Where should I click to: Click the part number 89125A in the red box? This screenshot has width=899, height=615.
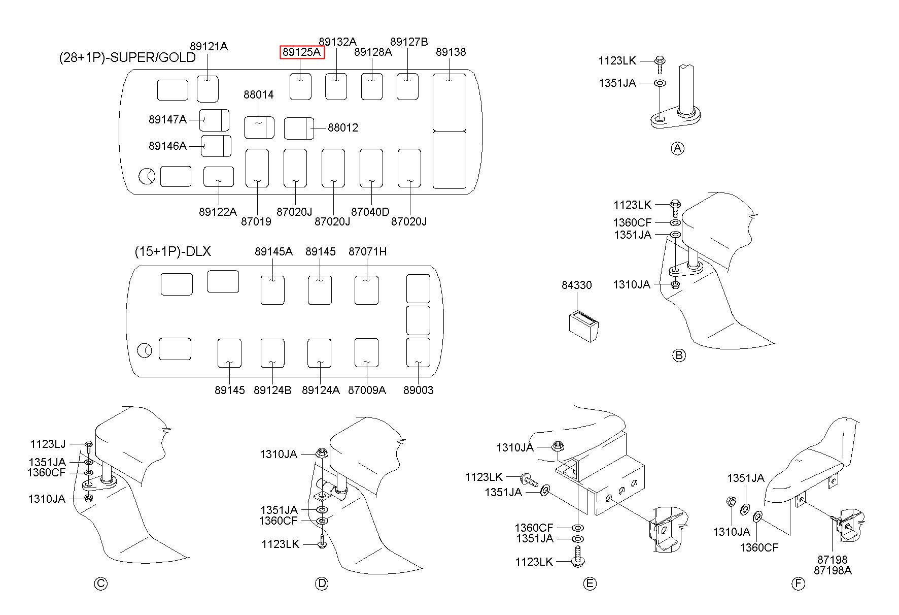point(302,52)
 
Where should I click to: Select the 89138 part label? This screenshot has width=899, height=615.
point(451,52)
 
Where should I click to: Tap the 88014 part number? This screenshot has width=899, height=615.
point(258,94)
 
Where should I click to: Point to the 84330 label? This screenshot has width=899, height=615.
point(576,285)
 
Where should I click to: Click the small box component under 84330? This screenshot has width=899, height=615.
point(583,326)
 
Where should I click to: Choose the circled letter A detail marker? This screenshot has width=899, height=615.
point(677,148)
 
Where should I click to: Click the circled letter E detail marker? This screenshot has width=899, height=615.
point(590,584)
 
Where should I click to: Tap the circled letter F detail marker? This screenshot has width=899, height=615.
point(798,584)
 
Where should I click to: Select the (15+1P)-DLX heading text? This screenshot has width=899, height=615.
point(173,251)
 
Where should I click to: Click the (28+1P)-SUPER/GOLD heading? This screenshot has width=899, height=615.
point(127,57)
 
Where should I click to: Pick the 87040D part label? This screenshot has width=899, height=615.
point(370,212)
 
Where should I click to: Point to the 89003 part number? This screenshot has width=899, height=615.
point(419,390)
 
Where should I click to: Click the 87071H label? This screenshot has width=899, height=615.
point(367,251)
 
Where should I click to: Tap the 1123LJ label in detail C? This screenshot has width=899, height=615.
point(48,444)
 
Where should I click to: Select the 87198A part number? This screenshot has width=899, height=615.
point(833,570)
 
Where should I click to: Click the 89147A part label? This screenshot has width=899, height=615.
point(167,119)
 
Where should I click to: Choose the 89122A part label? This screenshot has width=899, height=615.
point(218,212)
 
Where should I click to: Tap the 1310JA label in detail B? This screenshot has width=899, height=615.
point(631,284)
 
